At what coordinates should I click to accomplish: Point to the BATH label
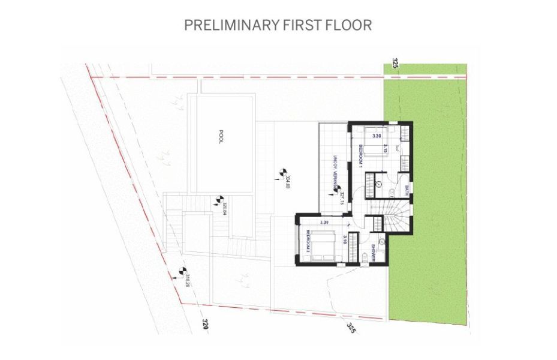pos(407,191)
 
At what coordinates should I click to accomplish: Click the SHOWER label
pos(372,253)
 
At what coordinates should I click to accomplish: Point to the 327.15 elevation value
pos(341,199)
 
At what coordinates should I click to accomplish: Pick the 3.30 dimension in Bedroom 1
pos(377,137)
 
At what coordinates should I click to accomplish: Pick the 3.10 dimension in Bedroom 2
pos(345,241)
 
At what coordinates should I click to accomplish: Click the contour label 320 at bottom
pos(204,325)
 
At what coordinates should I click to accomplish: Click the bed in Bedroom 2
pos(323,246)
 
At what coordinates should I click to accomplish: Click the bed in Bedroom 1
pos(377,148)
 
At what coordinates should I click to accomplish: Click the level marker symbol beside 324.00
pos(278,174)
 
